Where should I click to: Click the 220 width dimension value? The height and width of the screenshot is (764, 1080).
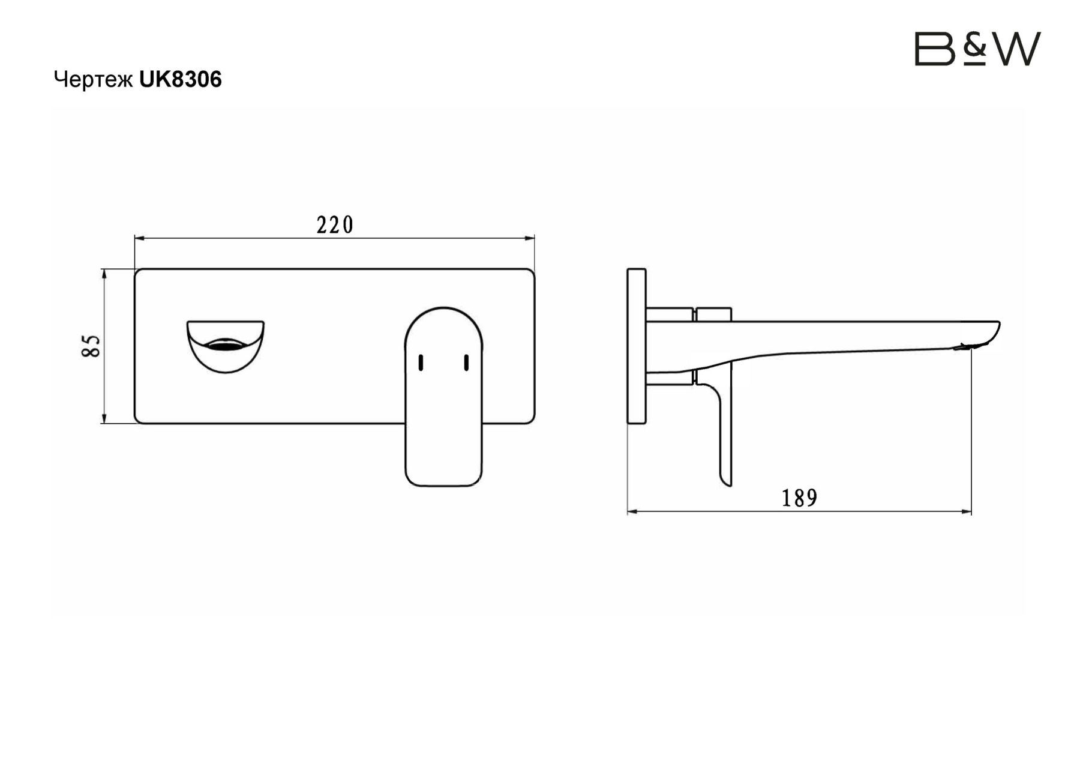(335, 225)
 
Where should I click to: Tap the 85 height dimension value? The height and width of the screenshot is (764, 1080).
(91, 346)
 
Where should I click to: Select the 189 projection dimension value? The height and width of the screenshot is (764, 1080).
(799, 498)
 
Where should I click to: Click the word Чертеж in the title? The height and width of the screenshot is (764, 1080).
(93, 79)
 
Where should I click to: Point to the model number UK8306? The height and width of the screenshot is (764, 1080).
(181, 79)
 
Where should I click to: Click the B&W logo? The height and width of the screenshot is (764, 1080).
(977, 49)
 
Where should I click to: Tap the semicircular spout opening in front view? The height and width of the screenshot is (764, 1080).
(225, 346)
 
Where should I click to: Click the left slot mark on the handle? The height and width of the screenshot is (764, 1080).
(421, 362)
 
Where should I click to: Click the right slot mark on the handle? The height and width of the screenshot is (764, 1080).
(466, 362)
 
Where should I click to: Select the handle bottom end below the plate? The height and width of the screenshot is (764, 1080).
(443, 456)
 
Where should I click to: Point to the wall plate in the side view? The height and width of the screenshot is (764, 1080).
(636, 346)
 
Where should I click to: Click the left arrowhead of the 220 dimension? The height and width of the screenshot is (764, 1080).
(139, 238)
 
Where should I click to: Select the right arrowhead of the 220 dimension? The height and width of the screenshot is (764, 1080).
(530, 238)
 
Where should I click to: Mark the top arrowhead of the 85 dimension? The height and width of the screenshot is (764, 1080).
(104, 274)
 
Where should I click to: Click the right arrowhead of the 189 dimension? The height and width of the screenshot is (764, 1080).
(967, 512)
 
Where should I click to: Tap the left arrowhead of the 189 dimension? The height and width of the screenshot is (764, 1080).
(632, 512)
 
